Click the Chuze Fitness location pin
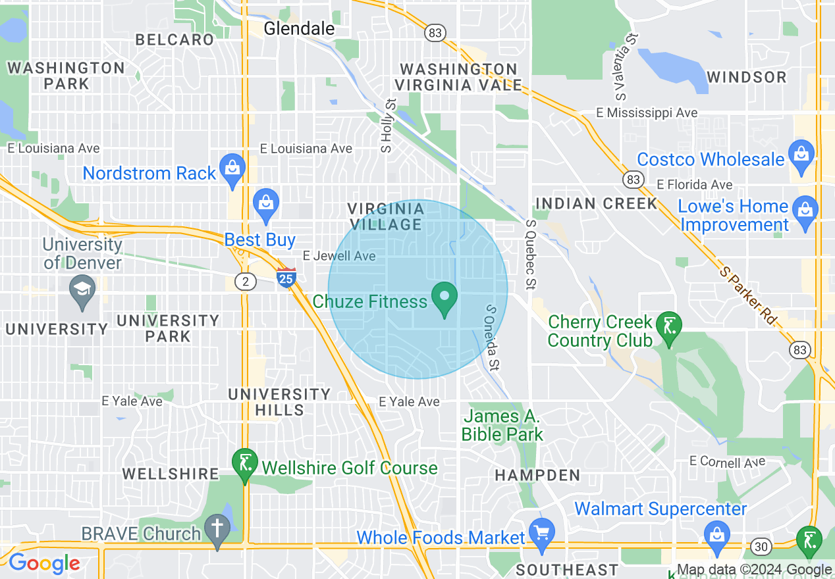tap(444, 298)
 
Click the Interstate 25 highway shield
tap(286, 278)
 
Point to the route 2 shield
tap(246, 282)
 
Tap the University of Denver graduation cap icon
tap(82, 292)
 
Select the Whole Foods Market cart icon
tap(543, 534)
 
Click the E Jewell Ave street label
tap(338, 255)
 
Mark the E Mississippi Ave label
tap(646, 113)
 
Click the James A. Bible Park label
tap(502, 425)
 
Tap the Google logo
tap(44, 563)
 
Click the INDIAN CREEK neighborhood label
tap(597, 203)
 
